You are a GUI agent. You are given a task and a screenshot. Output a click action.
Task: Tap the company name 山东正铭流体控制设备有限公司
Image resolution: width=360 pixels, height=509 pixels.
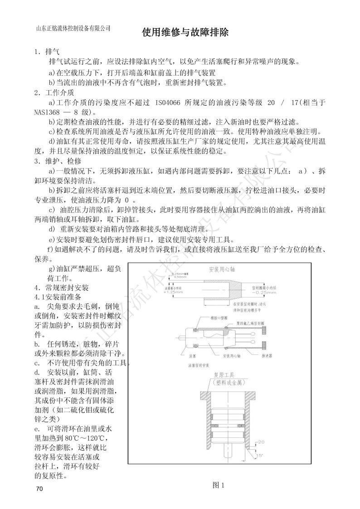coord(73,28)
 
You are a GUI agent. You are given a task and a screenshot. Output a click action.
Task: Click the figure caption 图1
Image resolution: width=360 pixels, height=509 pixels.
coord(219,485)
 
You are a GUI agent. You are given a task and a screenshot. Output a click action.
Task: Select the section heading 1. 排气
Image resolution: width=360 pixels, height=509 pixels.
coord(47,52)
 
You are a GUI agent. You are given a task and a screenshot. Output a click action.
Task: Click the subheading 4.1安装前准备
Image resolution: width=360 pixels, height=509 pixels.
coord(58,297)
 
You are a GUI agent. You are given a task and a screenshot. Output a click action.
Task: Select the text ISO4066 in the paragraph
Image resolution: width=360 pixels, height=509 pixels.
coord(168,103)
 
